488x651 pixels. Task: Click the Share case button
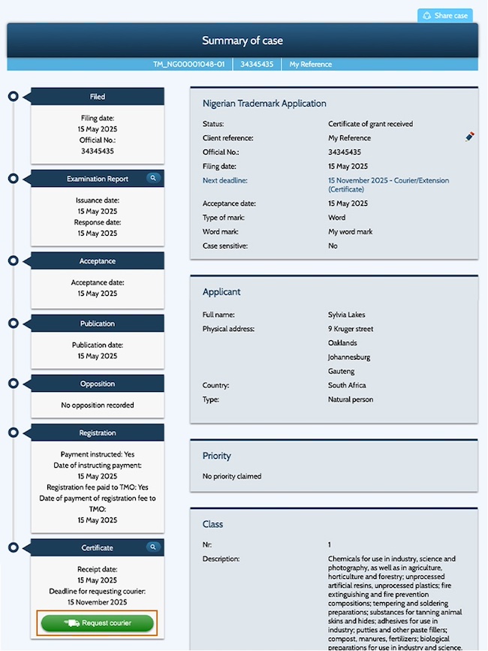tap(445, 15)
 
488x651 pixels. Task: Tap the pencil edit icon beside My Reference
tap(470, 137)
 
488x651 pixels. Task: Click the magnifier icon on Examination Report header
tap(152, 179)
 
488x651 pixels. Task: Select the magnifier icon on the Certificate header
tap(152, 547)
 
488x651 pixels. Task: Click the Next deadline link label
tap(225, 181)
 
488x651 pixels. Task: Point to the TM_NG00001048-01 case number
tap(188, 65)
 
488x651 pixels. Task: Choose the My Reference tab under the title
tap(310, 65)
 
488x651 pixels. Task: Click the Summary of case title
tap(242, 41)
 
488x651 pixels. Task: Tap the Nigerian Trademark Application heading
tap(264, 104)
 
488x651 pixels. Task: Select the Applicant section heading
tap(221, 291)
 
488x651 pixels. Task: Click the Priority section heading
tap(217, 456)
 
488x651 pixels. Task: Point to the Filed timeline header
tap(98, 97)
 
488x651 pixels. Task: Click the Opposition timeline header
tap(98, 384)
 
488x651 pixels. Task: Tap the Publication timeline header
tap(98, 324)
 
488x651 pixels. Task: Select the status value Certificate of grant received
tap(370, 124)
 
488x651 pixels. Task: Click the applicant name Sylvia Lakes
tap(347, 315)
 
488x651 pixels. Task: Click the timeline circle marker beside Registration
tap(13, 433)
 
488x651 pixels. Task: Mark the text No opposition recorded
tap(98, 405)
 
